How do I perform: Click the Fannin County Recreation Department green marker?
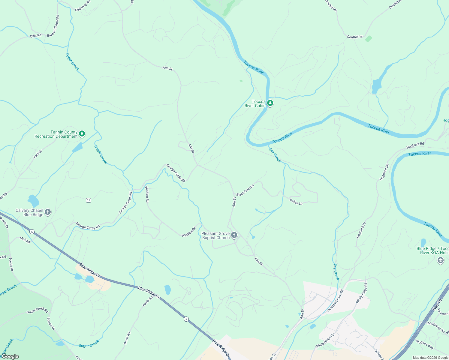[x=82, y=134]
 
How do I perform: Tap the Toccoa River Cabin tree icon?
[x=270, y=103]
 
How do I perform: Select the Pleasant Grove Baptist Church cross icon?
[x=234, y=235]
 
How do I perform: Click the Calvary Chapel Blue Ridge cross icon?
[x=48, y=212]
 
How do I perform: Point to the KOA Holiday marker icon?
[x=440, y=260]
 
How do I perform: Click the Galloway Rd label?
[x=83, y=6]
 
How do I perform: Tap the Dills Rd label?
[x=36, y=36]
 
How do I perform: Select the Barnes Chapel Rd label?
[x=53, y=26]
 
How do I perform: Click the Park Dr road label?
[x=38, y=154]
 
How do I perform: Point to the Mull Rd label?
[x=25, y=240]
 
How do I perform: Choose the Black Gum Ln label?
[x=245, y=190]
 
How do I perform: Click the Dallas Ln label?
[x=296, y=201]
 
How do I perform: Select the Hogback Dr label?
[x=361, y=230]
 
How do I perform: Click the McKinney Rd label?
[x=436, y=327]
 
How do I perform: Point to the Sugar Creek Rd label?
[x=37, y=310]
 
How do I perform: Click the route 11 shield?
[x=88, y=200]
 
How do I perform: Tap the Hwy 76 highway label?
[x=437, y=304]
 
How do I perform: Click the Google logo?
[x=10, y=356]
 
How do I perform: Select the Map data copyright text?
[x=430, y=358]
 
